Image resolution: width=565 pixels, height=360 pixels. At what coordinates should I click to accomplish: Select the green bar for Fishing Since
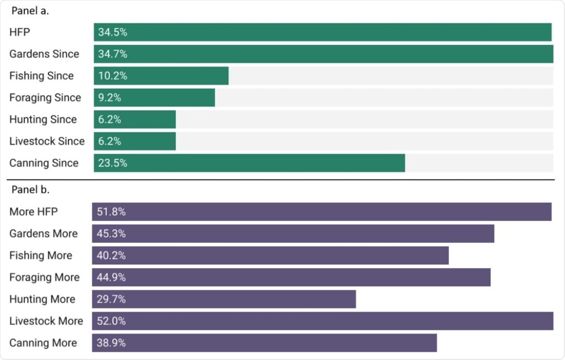(x=161, y=76)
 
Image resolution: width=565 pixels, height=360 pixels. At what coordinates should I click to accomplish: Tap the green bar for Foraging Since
(x=154, y=97)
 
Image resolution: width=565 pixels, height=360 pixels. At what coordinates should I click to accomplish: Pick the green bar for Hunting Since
(x=135, y=119)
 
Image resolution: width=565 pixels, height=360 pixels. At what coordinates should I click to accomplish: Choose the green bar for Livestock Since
(x=135, y=141)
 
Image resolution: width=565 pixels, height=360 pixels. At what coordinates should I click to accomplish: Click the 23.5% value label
(x=113, y=163)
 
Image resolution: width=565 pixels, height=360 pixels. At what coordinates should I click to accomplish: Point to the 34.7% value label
(x=113, y=54)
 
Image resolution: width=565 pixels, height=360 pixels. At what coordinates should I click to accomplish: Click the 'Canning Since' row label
(x=44, y=163)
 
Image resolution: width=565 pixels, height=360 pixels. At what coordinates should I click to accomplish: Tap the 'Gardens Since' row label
(x=44, y=54)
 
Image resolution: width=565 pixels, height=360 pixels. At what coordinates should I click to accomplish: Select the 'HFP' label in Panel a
(x=19, y=32)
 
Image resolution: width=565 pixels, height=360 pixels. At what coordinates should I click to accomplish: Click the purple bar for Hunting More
(x=224, y=299)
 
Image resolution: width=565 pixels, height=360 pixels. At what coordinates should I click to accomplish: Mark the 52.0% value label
(x=112, y=321)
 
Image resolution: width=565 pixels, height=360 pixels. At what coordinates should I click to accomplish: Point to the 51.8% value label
(x=112, y=212)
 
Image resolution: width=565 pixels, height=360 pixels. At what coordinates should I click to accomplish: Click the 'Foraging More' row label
(x=45, y=277)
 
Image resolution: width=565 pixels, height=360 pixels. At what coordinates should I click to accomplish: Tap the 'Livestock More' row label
(x=46, y=321)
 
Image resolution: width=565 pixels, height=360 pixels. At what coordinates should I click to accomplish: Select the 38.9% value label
(x=112, y=343)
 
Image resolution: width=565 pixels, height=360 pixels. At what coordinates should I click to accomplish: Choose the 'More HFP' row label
(x=34, y=212)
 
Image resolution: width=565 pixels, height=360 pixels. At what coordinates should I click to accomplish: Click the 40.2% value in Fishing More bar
(x=112, y=255)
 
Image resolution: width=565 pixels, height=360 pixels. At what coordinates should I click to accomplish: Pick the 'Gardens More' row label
(x=43, y=234)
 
